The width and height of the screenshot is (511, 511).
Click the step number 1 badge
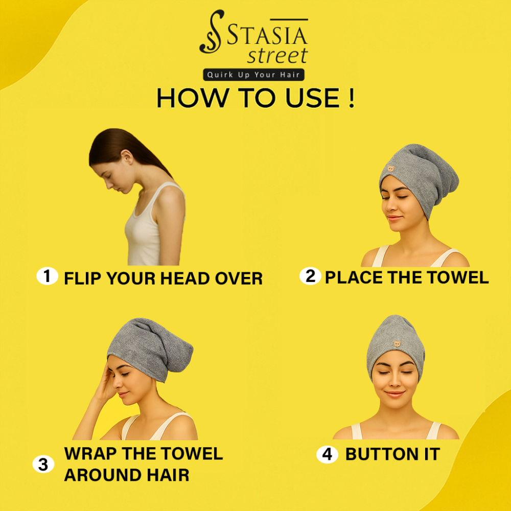point(47,276)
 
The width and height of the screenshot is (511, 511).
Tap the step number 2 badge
point(310,276)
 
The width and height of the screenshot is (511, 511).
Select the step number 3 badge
point(43,464)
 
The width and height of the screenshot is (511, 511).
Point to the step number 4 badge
point(327,454)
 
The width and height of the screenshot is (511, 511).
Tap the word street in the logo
point(277,55)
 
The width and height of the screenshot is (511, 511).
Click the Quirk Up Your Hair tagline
point(253,75)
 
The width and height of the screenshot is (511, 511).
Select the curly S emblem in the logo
point(211,32)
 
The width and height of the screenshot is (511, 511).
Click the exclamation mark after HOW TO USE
point(351,98)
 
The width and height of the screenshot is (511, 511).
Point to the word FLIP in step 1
point(83,278)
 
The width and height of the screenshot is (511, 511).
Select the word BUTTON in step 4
point(382,454)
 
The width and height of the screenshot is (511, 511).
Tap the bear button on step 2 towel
point(391,169)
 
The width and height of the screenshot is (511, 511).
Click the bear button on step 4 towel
point(397,343)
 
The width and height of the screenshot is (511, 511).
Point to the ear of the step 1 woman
point(127,157)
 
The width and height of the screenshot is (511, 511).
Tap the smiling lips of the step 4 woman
point(394,394)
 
